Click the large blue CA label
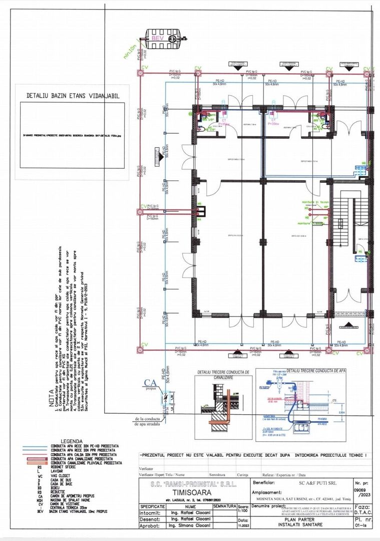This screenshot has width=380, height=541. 151,383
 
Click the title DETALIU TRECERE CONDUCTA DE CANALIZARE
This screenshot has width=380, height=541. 223,375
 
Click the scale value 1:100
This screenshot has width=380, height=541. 243,511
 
